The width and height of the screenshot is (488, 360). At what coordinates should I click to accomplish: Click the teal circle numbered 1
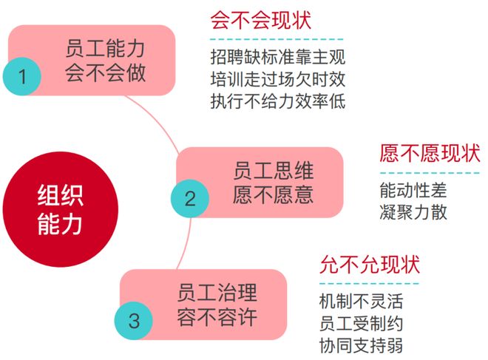click(22, 76)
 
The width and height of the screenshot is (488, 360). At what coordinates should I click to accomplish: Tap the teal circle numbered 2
click(190, 199)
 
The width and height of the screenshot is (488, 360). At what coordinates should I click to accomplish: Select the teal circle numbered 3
click(134, 321)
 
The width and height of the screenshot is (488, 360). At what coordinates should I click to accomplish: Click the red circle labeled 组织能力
click(61, 209)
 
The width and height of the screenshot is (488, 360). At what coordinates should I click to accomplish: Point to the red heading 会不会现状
click(261, 21)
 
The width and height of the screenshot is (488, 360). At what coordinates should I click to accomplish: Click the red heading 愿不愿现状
click(430, 153)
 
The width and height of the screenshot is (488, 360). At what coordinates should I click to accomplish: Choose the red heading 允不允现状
click(370, 264)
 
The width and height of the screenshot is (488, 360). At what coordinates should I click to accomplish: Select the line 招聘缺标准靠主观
click(277, 57)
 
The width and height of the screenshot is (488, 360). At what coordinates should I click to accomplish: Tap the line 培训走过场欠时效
click(277, 79)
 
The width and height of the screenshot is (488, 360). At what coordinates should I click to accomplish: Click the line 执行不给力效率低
click(277, 101)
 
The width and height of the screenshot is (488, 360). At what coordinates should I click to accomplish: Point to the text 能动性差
click(413, 190)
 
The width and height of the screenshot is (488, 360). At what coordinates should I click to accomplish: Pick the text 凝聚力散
click(413, 212)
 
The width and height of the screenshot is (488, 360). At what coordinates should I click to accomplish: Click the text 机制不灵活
click(361, 301)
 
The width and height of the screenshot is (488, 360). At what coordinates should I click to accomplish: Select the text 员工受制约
click(361, 323)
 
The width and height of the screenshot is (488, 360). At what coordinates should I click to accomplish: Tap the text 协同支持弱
click(361, 345)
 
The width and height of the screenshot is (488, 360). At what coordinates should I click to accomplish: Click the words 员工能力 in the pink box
click(105, 48)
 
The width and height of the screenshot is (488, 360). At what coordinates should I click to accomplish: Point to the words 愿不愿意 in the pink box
click(273, 194)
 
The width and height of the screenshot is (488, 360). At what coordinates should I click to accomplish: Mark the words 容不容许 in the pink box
click(217, 317)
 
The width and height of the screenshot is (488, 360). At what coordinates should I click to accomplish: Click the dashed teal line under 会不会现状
click(277, 39)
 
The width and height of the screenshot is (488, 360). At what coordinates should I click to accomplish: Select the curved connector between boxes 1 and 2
click(157, 120)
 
